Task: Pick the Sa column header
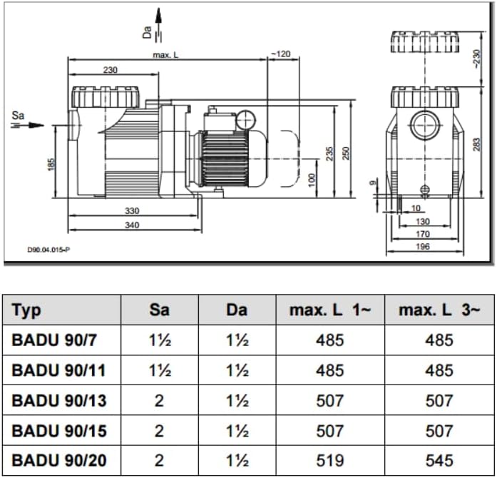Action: [159, 310]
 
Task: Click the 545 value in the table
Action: [439, 461]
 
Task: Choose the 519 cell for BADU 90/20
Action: [329, 461]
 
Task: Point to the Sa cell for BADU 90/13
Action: [159, 401]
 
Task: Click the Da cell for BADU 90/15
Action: [237, 431]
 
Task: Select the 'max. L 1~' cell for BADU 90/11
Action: [329, 370]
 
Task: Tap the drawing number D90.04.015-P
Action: [48, 250]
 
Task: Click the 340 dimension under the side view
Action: [132, 225]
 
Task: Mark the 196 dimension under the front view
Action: [423, 246]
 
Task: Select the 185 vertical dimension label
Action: [51, 164]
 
